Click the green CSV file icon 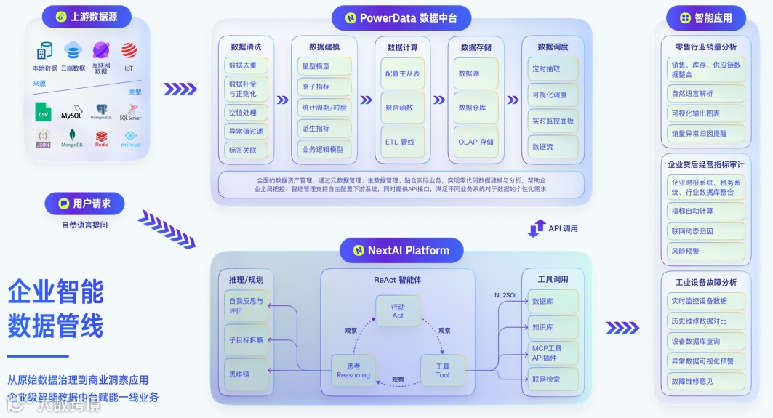coord(44,111)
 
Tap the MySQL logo coord(71,113)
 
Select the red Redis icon coord(101,137)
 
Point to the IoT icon coord(129,52)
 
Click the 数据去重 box coord(245,65)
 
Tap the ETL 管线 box coord(401,142)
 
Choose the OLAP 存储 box coord(476,142)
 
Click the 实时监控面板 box coord(553,121)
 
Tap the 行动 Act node coord(398,310)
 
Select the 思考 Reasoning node coord(353,370)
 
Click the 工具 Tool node coord(443,370)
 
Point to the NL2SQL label coord(506,295)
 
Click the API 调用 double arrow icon coord(537,228)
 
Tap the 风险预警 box coord(706,252)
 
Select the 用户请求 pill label coord(84,204)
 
